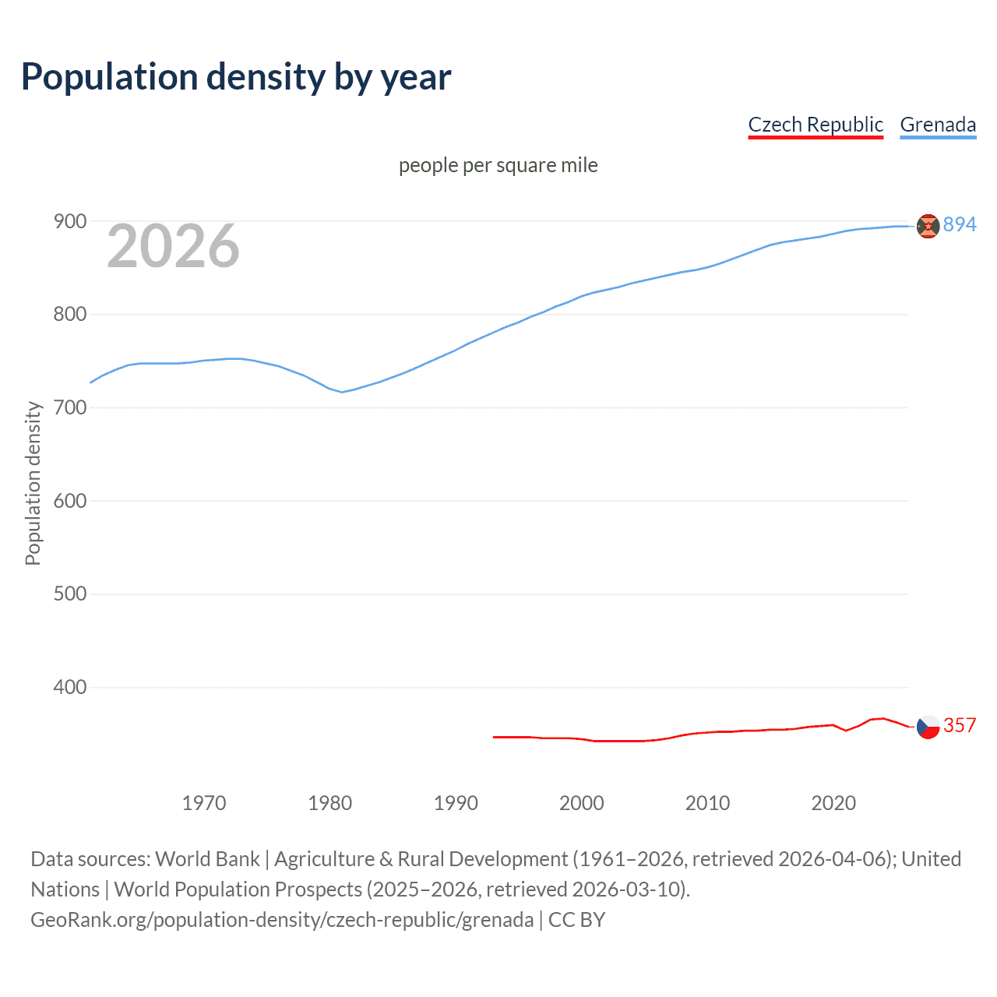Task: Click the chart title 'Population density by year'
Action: pos(236,76)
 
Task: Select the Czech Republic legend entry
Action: pos(816,125)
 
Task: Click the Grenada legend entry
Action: pos(938,125)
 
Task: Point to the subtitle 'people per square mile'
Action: pos(498,165)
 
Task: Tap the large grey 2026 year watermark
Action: pos(173,246)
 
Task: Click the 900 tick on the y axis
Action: pos(69,222)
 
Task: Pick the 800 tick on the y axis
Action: pos(69,315)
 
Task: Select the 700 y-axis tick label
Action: pos(69,407)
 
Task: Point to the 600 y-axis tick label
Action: pos(69,501)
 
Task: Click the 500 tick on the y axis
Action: pos(69,594)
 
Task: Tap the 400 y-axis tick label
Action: pos(69,687)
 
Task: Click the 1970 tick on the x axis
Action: pos(204,803)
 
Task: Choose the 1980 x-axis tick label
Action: pos(330,803)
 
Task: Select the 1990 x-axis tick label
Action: pos(456,803)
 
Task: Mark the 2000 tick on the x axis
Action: pos(582,803)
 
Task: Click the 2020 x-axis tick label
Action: pos(833,803)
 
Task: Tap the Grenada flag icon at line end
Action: pos(928,226)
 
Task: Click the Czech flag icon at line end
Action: pos(928,727)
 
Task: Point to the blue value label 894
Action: pos(960,225)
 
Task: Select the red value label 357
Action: pos(960,726)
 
